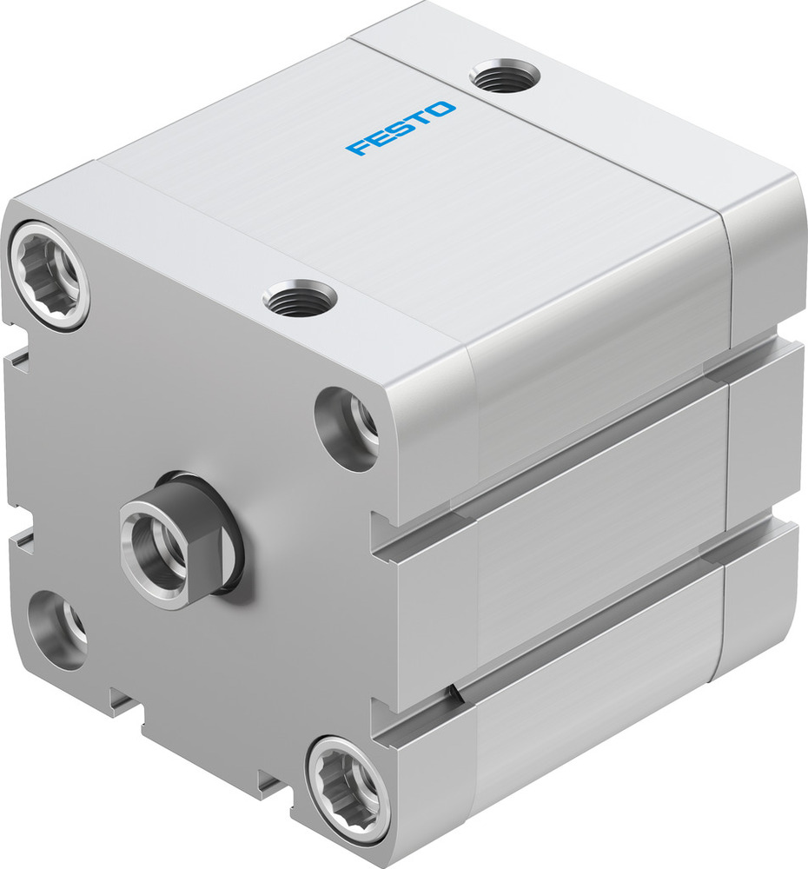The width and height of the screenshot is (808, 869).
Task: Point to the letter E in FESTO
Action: (x=380, y=136)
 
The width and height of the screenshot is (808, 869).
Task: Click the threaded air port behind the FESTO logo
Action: (x=505, y=76)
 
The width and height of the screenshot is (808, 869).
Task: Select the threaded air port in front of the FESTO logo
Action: (x=300, y=299)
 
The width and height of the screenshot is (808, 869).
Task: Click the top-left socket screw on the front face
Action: (x=50, y=275)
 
